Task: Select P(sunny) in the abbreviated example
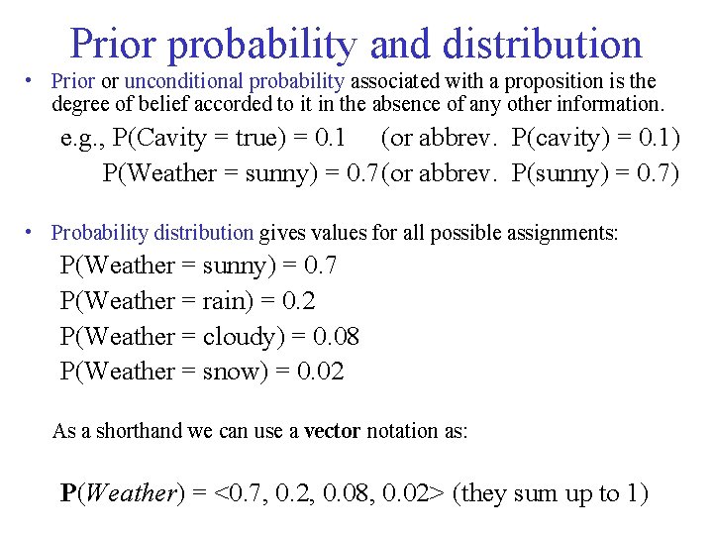559,173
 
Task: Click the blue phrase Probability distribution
153,233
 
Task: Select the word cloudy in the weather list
240,337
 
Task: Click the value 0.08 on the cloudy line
336,337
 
